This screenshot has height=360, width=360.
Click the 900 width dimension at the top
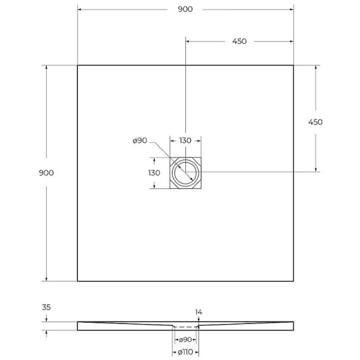[x=185, y=10]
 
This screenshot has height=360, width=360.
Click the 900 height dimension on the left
[x=46, y=173]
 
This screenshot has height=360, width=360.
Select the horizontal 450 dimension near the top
[x=239, y=41]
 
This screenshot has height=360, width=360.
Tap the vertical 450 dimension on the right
[x=315, y=122]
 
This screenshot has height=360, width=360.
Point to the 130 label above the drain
[x=185, y=140]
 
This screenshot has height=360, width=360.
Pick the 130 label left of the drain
[x=154, y=173]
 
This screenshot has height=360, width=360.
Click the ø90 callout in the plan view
[x=140, y=140]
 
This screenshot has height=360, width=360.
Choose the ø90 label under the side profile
[x=185, y=340]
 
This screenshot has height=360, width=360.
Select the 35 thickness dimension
[x=46, y=308]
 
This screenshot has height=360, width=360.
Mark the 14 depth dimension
[x=199, y=313]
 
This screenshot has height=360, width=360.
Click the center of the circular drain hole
[x=185, y=173]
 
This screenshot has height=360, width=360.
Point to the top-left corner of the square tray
[x=77, y=65]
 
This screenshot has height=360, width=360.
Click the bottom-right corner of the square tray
[x=293, y=281]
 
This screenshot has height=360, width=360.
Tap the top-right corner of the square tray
[x=293, y=65]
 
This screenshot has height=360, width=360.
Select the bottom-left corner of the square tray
[x=77, y=281]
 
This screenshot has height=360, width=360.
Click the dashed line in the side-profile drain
[x=185, y=327]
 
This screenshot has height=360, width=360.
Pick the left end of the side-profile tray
[x=78, y=326]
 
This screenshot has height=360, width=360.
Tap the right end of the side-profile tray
[x=293, y=326]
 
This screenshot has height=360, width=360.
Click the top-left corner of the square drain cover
[x=170, y=157]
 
